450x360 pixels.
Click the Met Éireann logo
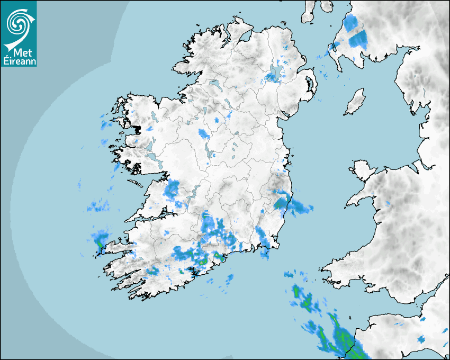[x=19, y=33]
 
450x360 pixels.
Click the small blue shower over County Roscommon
[x=203, y=133]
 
